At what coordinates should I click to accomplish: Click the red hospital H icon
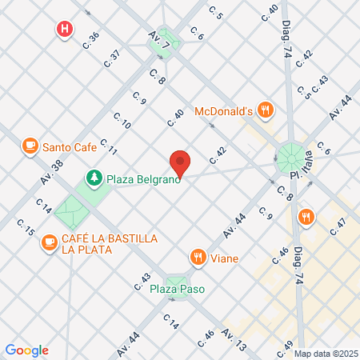(x=65, y=30)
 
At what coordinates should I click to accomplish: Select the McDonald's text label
(x=225, y=110)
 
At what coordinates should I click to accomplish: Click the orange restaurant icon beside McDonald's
(x=267, y=110)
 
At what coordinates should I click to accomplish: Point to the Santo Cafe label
(x=70, y=146)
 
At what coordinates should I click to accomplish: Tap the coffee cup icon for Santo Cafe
(x=30, y=146)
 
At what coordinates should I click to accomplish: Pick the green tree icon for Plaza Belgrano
(x=94, y=178)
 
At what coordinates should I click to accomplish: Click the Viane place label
(x=226, y=258)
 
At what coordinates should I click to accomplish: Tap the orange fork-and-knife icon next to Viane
(x=197, y=258)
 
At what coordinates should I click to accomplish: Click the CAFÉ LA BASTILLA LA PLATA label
(x=100, y=244)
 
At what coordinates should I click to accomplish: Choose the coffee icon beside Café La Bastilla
(x=50, y=240)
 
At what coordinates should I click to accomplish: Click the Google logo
(x=26, y=350)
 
